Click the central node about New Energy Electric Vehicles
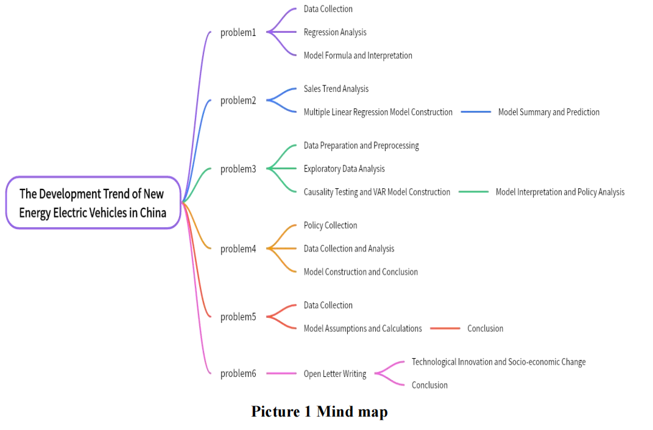tap(93, 203)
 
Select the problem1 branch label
tap(238, 32)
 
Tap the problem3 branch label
tap(238, 169)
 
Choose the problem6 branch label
tap(238, 373)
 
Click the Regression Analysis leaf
tap(335, 32)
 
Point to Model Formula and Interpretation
tap(358, 55)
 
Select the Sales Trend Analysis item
tap(336, 89)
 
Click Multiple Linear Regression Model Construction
tap(378, 112)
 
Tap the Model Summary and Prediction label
tap(548, 112)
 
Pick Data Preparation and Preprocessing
tap(361, 146)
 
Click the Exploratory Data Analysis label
tap(344, 169)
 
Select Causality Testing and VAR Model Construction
tap(376, 192)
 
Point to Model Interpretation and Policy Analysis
tap(560, 192)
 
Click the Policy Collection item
tap(330, 225)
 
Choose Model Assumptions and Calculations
tap(362, 328)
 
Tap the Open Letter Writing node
tap(335, 374)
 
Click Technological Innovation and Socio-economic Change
tap(498, 362)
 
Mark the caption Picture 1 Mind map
tap(319, 412)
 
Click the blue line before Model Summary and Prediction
tap(476, 112)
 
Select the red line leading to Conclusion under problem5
tap(445, 328)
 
